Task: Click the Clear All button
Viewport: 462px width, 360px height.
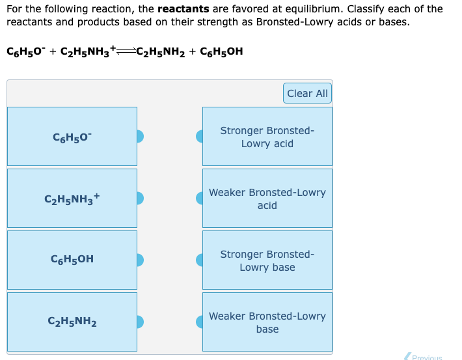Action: [307, 94]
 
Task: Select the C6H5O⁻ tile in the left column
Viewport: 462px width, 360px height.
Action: [72, 136]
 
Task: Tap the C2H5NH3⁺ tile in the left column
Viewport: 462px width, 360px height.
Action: [72, 198]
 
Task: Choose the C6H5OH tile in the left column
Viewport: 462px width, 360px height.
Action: [72, 259]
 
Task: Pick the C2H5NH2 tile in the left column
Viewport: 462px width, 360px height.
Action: [72, 321]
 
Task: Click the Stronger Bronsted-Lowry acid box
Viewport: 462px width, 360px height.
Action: [267, 136]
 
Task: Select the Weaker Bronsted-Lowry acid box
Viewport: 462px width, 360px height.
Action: [267, 198]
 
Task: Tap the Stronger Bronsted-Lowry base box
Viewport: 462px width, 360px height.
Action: [267, 260]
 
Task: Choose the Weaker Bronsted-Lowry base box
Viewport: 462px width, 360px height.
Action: [267, 322]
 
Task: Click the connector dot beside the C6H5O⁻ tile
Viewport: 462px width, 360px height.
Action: [139, 136]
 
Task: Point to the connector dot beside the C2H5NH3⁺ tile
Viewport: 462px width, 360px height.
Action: [139, 198]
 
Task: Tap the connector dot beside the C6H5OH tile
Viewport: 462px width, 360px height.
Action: [139, 260]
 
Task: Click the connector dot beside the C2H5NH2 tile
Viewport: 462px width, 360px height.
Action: [139, 322]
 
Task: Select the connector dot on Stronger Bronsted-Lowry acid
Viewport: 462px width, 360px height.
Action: [200, 136]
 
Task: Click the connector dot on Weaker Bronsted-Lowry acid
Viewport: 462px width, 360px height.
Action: [200, 198]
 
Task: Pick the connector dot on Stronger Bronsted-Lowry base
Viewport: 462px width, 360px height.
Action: [200, 260]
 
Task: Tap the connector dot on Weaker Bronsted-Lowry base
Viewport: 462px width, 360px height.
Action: [200, 322]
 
